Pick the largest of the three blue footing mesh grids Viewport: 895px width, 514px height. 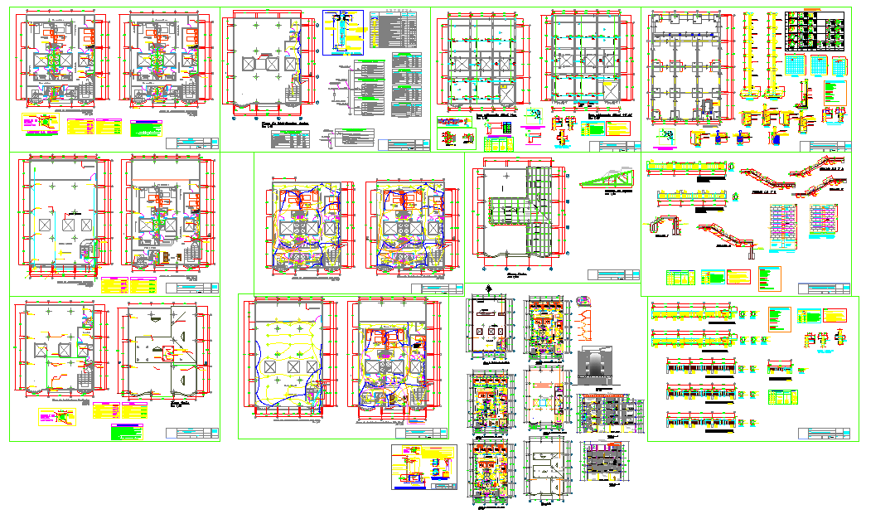[x=796, y=65]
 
